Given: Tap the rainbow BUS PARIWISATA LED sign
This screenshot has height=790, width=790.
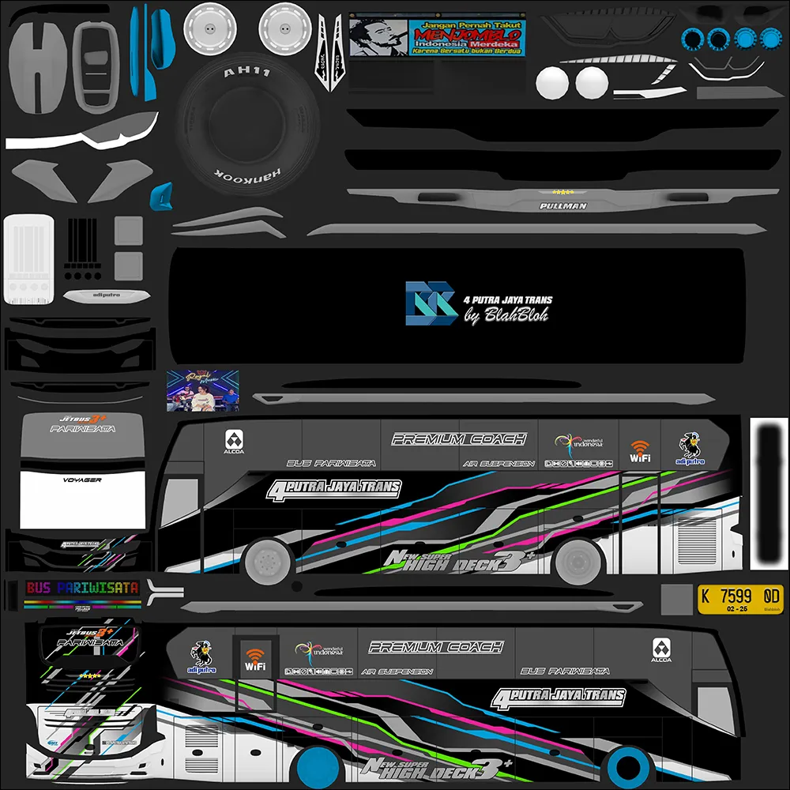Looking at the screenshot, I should [82, 589].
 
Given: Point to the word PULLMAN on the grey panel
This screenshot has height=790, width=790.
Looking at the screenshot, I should [563, 206].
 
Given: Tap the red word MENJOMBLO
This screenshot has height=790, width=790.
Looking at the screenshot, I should [465, 36].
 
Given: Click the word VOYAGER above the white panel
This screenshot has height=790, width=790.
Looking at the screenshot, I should [82, 480].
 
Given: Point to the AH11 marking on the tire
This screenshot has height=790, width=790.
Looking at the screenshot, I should [242, 72].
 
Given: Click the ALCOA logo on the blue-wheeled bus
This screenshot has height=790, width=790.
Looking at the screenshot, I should [661, 651].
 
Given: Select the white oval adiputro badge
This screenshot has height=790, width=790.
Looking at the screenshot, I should [106, 296].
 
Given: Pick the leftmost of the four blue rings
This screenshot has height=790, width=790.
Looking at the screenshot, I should [692, 38].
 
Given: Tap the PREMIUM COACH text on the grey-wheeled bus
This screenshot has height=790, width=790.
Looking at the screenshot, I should [459, 439].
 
